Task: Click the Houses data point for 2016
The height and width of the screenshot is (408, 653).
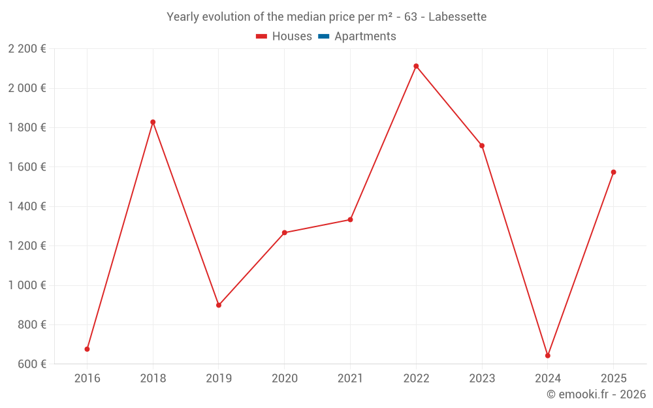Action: coord(87,349)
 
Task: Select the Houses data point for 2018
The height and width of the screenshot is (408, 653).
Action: coord(153,122)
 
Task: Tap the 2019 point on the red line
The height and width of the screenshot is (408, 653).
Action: coord(219,305)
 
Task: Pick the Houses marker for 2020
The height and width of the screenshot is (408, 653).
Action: coord(285,232)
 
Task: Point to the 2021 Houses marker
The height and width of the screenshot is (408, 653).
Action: coord(350,219)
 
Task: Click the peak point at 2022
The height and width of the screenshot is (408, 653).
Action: coord(416,66)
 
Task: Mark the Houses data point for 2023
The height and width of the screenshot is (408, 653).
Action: coord(482,146)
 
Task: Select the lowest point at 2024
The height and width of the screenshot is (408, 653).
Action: coord(548,356)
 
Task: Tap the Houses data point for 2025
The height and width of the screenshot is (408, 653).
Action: coord(613,172)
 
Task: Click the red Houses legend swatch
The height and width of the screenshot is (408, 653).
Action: coord(261,37)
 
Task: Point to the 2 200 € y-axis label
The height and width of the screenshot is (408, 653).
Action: coord(27,48)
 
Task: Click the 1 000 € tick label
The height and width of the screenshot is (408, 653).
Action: coord(27,285)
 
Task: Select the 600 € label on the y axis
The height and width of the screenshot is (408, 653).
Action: coord(31,364)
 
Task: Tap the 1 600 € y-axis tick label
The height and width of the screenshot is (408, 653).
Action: coord(27,167)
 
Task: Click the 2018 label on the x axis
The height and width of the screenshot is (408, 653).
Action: coord(153,378)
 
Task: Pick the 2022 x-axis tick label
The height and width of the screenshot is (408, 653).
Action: coord(416,378)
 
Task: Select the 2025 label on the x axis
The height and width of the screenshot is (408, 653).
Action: coord(613,378)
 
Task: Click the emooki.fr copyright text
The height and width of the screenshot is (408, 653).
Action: coord(596,394)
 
